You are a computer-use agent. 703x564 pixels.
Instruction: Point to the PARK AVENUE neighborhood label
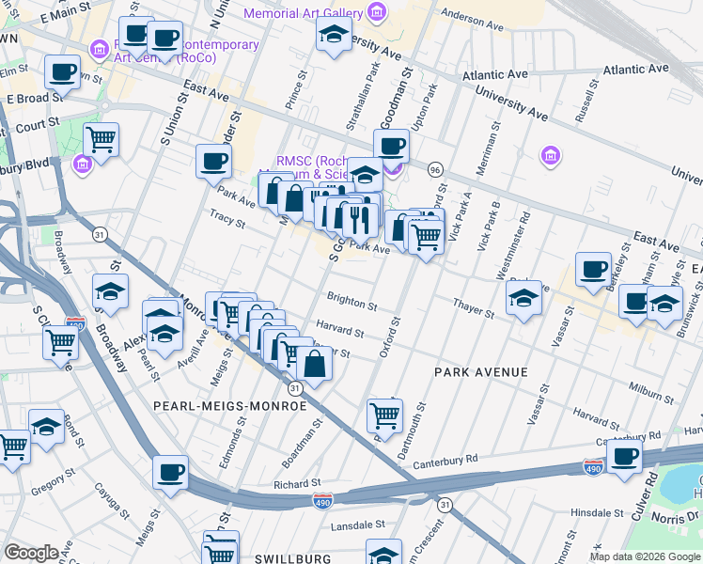click(480, 373)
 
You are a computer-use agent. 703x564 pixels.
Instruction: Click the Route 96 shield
click(434, 169)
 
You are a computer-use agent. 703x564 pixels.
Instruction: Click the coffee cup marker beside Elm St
click(63, 72)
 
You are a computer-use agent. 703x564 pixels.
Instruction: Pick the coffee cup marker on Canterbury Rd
click(624, 456)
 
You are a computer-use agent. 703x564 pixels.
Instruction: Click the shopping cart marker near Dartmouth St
click(384, 414)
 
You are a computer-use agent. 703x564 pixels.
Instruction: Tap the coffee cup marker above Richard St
click(170, 473)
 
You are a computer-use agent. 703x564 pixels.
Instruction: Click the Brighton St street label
click(351, 305)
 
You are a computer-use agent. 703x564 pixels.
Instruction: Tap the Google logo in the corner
click(31, 552)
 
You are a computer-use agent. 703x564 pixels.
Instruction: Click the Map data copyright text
click(645, 556)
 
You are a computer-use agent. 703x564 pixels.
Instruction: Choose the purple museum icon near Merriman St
click(550, 154)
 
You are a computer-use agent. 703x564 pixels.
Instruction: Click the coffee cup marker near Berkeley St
click(592, 270)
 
